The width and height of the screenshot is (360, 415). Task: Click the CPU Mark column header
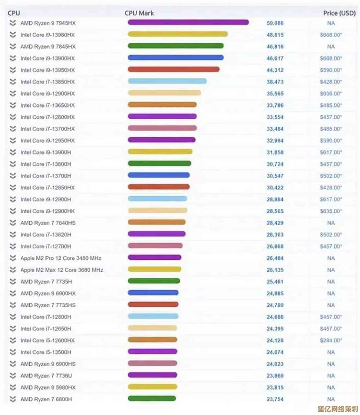(139, 13)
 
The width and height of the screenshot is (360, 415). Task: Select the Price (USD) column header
(339, 13)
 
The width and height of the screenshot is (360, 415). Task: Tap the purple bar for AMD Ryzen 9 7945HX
(188, 22)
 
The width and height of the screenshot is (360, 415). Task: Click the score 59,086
(275, 23)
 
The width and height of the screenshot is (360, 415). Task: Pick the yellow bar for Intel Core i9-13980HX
(178, 34)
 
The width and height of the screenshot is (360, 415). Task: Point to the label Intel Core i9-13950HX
(47, 70)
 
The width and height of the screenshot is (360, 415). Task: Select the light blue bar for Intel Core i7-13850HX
(167, 81)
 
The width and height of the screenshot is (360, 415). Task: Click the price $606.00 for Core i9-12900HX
(331, 93)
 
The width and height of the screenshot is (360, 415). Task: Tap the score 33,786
(275, 105)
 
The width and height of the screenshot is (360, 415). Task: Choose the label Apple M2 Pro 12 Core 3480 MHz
(61, 258)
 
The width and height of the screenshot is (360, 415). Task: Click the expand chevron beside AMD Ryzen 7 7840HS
(13, 223)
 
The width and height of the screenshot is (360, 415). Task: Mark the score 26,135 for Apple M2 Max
(275, 270)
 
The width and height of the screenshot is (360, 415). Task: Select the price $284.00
(331, 340)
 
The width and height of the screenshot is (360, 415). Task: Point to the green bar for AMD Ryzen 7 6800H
(152, 398)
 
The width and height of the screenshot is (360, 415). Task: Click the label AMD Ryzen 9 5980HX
(48, 387)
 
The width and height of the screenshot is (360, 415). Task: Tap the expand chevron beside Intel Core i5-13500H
(13, 352)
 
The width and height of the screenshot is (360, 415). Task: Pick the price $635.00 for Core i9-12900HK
(331, 211)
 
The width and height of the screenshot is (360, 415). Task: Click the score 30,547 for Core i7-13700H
(275, 176)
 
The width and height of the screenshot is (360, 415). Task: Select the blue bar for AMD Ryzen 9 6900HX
(153, 293)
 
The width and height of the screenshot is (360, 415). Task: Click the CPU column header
(14, 13)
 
